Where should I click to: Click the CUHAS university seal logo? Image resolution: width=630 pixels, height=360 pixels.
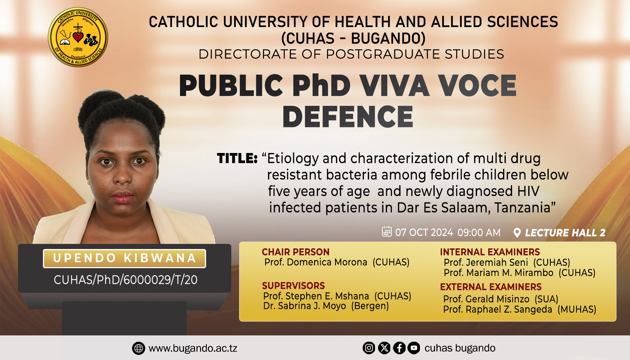tap(78, 37)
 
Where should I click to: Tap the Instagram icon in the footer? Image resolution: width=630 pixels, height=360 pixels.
tap(369, 348)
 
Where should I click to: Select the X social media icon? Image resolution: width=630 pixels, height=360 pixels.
tap(384, 348)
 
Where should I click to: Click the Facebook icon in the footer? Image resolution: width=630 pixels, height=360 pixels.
tap(399, 348)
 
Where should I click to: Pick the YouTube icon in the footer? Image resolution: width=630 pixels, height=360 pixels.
tap(414, 348)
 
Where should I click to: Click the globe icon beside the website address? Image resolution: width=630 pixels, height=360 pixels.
tap(138, 348)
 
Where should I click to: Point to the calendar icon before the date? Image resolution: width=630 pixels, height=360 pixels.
tap(387, 231)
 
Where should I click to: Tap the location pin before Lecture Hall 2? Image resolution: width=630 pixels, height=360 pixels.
tap(517, 233)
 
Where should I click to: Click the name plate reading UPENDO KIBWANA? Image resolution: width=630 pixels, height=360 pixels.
tap(124, 258)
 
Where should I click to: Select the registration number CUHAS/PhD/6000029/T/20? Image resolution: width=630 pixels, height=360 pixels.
tap(125, 280)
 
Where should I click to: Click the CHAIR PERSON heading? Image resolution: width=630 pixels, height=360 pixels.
tap(295, 252)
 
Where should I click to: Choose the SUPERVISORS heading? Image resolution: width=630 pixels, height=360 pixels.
tap(293, 286)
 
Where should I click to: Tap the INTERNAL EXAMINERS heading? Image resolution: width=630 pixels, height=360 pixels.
tap(490, 252)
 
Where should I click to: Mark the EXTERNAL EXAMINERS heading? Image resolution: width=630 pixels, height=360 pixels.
tap(491, 287)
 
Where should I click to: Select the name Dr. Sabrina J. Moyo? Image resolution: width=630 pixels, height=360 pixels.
tap(304, 306)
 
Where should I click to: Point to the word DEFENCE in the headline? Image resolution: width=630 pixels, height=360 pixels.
tap(348, 117)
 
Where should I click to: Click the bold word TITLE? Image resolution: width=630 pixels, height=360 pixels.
tap(237, 158)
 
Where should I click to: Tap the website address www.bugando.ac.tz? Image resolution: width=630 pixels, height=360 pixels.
tap(193, 348)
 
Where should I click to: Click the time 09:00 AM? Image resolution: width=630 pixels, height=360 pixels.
tap(479, 232)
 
